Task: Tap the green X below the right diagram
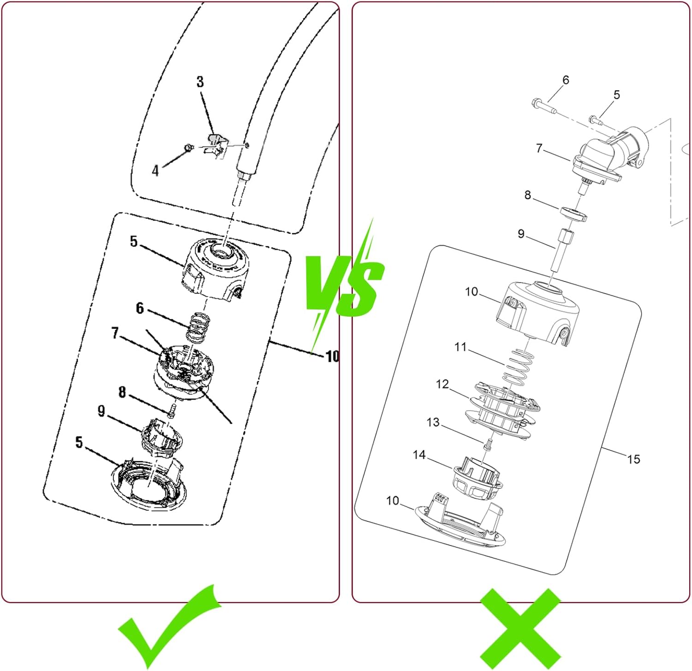520,629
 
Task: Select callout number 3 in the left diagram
200,82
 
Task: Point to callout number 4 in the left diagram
155,171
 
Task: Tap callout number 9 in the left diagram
101,411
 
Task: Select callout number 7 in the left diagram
115,333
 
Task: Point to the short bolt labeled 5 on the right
596,121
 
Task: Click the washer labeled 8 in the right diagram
573,214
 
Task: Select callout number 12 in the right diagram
442,384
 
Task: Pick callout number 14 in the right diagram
419,455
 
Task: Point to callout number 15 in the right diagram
633,459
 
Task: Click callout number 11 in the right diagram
460,347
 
